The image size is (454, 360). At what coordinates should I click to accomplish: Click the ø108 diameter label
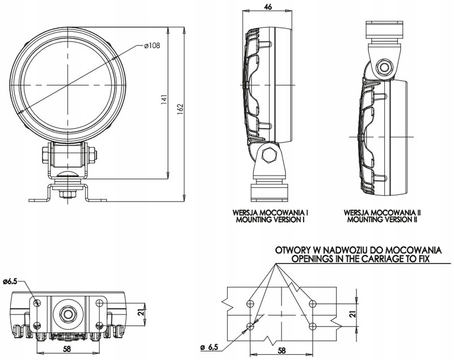point(151,46)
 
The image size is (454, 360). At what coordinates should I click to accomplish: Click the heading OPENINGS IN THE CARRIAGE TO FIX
point(359,258)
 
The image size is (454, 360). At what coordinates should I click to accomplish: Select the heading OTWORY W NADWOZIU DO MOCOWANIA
point(359,250)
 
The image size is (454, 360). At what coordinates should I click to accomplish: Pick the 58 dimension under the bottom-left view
point(67,349)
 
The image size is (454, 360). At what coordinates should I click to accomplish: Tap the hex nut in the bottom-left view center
point(69,313)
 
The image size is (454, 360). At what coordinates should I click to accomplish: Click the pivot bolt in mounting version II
point(385,68)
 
